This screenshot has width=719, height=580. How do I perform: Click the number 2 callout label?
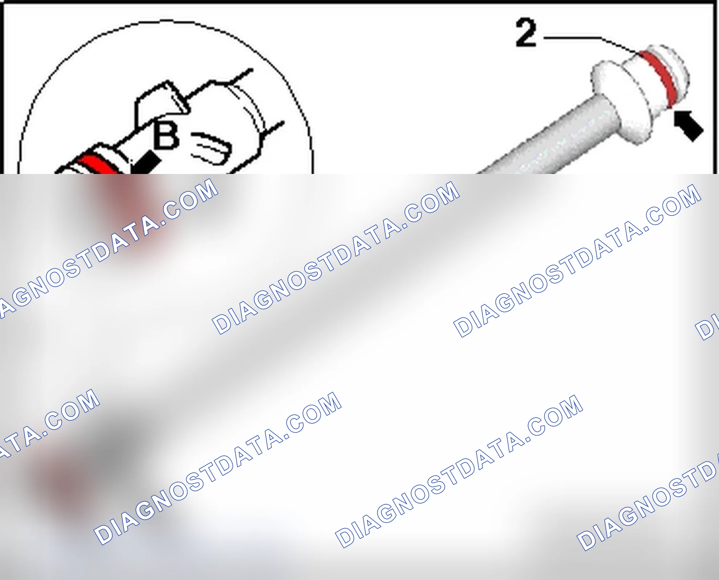(526, 33)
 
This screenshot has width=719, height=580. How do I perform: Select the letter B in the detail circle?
(166, 135)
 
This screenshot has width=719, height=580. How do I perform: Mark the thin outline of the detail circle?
(165, 21)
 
